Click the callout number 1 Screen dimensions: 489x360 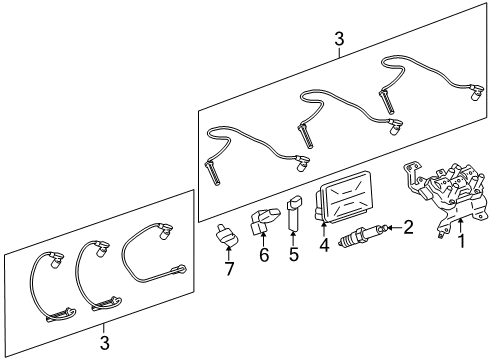click(x=462, y=241)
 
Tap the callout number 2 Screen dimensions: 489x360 click(x=408, y=228)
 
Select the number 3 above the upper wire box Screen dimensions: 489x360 click(x=339, y=39)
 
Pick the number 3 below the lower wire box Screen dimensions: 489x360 click(x=105, y=343)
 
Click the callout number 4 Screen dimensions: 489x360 click(x=324, y=245)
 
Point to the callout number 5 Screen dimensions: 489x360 click(x=294, y=255)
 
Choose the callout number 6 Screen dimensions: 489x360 click(x=264, y=255)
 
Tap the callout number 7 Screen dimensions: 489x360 click(x=229, y=269)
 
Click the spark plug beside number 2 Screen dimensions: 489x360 click(x=362, y=235)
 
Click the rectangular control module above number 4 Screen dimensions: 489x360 click(x=342, y=197)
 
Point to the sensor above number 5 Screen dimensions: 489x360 click(x=294, y=214)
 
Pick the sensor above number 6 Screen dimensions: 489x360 click(x=264, y=221)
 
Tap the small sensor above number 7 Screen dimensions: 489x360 click(x=226, y=236)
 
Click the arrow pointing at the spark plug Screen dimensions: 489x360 click(x=395, y=228)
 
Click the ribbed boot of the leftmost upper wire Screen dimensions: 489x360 click(x=212, y=173)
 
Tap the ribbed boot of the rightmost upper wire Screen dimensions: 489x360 click(x=387, y=101)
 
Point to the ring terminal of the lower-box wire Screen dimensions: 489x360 click(x=179, y=269)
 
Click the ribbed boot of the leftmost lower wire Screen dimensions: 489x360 click(x=61, y=315)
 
